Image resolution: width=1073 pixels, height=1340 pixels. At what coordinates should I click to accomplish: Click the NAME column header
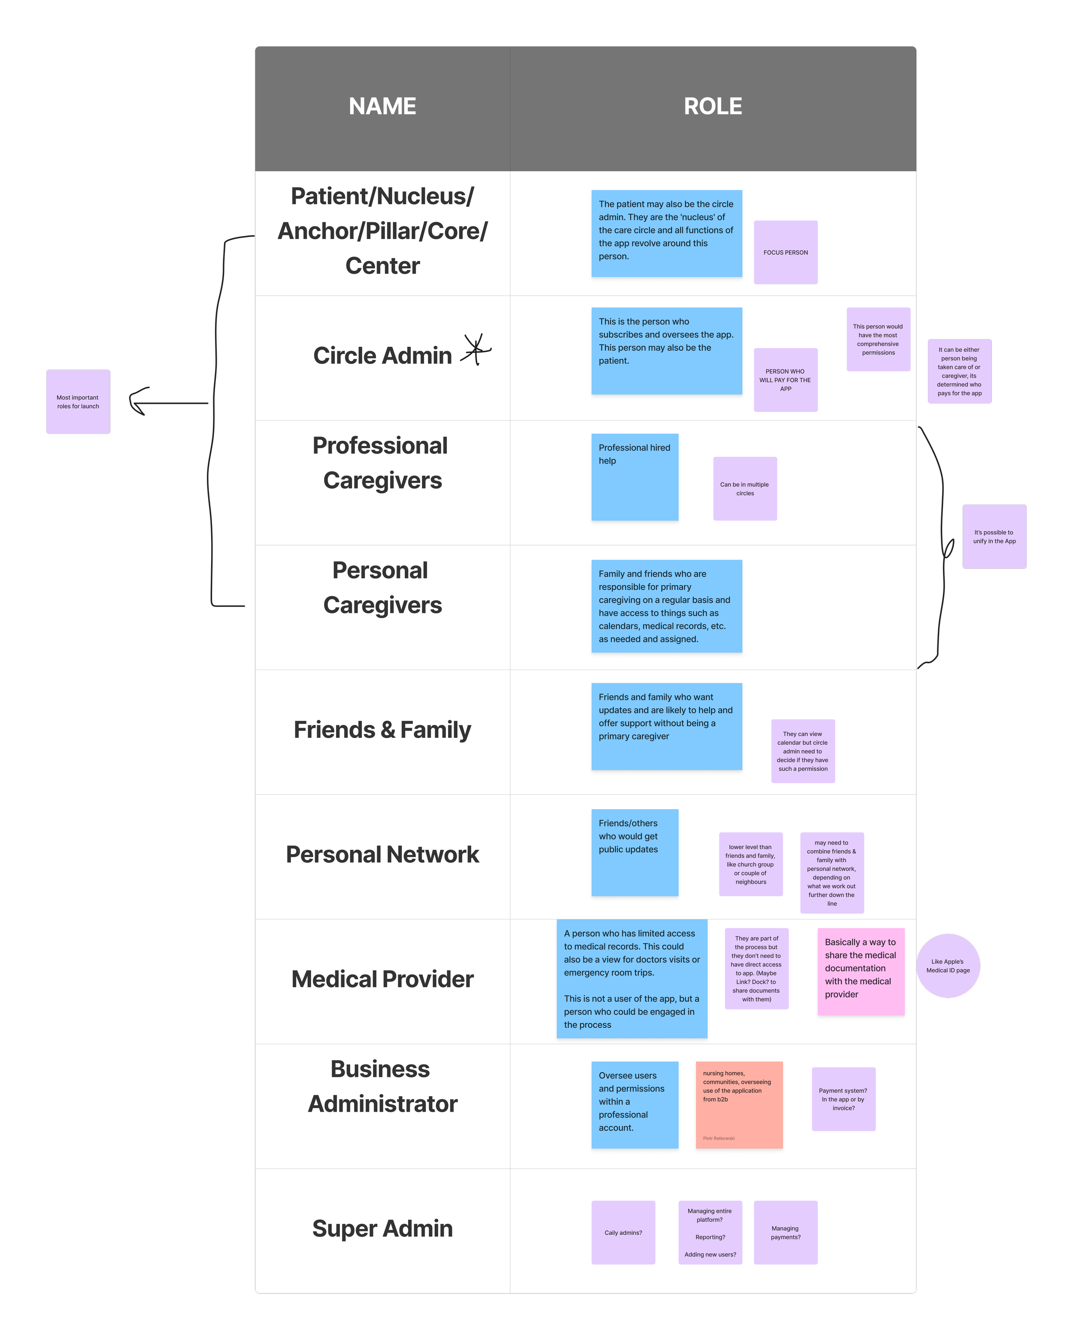[382, 106]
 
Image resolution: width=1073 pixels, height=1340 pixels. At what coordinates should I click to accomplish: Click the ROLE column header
[712, 106]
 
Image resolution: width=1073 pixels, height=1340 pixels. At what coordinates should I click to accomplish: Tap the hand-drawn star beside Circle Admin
[476, 349]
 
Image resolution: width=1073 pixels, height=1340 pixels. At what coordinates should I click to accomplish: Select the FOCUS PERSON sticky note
[785, 252]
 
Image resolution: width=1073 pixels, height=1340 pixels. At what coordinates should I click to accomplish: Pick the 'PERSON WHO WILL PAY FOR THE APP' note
[785, 380]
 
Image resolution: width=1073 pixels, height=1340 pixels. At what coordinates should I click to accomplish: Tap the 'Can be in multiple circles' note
[745, 488]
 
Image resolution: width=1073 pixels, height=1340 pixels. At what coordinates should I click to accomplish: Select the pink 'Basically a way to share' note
[861, 971]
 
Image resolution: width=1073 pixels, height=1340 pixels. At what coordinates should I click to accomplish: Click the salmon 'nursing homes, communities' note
[739, 1104]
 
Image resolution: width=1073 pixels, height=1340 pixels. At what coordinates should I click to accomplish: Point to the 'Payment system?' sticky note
[843, 1099]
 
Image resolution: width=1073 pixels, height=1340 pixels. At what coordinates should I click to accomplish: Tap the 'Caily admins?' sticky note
[623, 1232]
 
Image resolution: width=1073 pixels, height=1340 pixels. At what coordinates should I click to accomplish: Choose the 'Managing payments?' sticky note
[785, 1232]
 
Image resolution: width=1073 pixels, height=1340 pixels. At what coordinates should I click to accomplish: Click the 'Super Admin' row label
[382, 1229]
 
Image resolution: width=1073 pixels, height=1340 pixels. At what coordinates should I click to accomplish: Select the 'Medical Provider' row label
[382, 979]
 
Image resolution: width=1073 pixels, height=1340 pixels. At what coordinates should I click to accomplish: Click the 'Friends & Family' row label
[382, 730]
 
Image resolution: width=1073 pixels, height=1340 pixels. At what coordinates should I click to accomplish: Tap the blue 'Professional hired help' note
[634, 477]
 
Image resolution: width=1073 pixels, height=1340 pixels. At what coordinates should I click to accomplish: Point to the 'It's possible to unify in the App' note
[994, 537]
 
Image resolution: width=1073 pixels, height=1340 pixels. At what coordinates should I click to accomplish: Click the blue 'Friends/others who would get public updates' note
[634, 852]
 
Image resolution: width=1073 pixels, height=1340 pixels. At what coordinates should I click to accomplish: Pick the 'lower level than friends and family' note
[750, 864]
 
